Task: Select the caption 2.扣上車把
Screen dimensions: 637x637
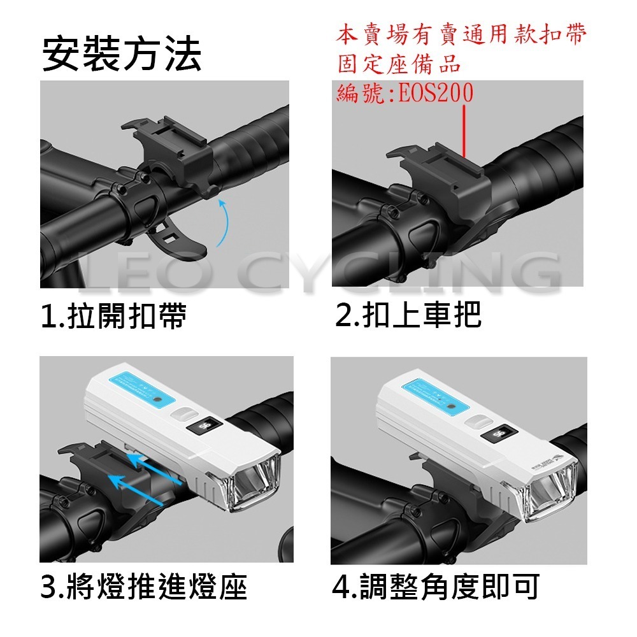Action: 408,315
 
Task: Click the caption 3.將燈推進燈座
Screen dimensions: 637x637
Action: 143,587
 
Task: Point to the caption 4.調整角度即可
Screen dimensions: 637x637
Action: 436,587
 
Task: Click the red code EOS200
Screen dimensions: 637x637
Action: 436,94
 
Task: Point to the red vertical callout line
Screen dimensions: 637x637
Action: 466,131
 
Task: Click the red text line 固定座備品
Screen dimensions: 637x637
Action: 398,64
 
